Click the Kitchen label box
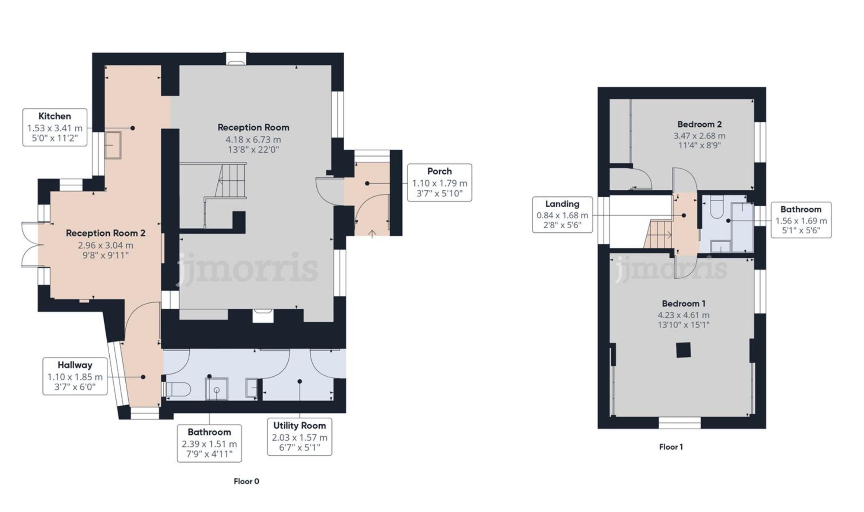(55, 128)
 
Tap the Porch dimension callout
(439, 182)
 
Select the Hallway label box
(75, 376)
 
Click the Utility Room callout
(299, 437)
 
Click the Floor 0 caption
(246, 481)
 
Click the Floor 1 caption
(670, 447)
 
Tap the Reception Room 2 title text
(105, 233)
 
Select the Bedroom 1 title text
(683, 304)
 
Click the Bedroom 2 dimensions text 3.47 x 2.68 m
(699, 136)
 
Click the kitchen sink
(113, 145)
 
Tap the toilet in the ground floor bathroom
(178, 389)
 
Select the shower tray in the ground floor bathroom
(216, 389)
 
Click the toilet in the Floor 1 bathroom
(718, 208)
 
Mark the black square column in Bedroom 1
(683, 350)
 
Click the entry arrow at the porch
(372, 234)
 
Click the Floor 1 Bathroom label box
(800, 220)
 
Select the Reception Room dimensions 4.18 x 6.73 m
(253, 140)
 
